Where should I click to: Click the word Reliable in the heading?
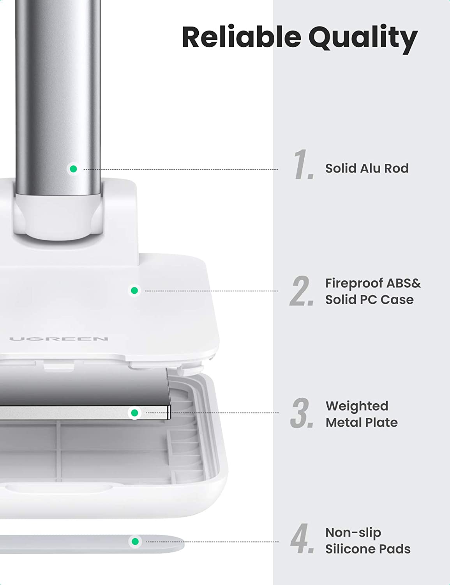[242, 37]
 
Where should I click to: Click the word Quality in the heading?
[363, 39]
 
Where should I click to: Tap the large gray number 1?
[303, 164]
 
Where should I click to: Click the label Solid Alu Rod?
[367, 168]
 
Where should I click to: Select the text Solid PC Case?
[369, 300]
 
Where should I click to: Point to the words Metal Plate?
[362, 422]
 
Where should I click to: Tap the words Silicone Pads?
[368, 549]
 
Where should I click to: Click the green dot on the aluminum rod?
[73, 169]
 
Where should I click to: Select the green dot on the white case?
[134, 291]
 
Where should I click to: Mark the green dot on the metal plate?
[135, 413]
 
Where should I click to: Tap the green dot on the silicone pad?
[135, 541]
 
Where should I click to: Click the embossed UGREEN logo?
[58, 339]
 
